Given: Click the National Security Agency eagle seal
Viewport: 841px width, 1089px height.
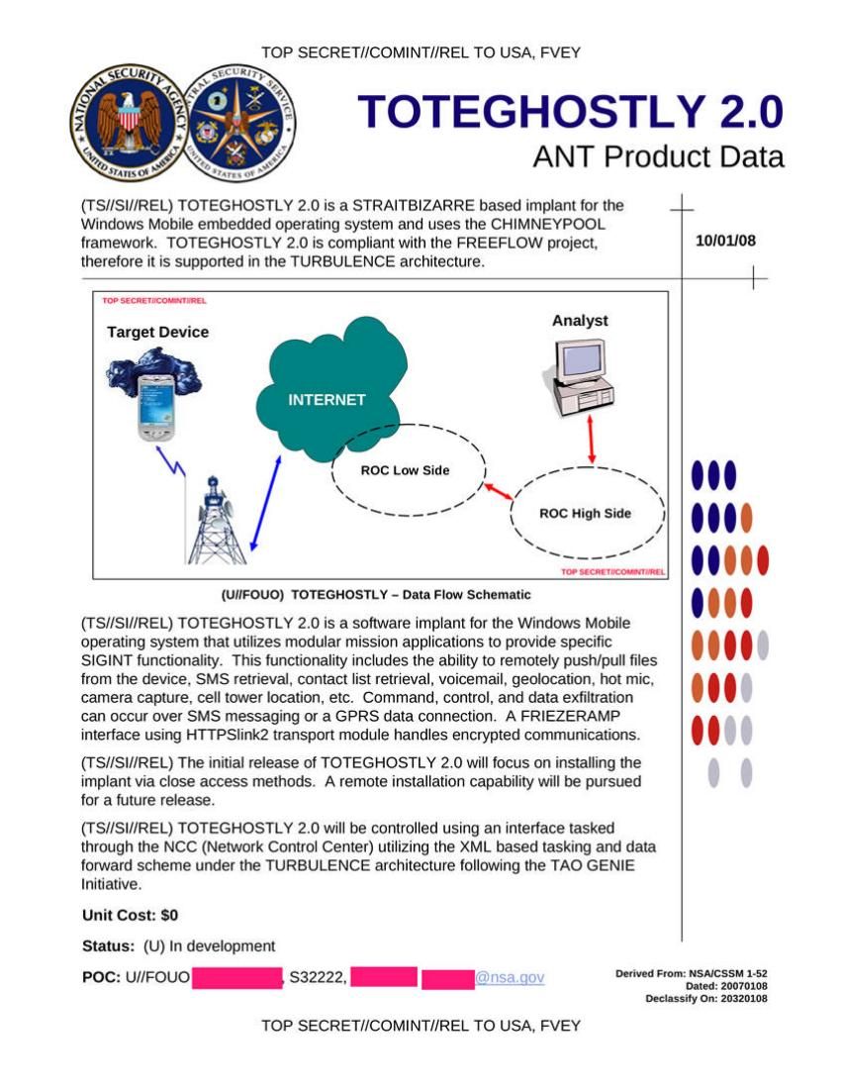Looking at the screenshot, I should (x=126, y=126).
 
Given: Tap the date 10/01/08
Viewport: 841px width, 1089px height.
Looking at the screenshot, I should (x=725, y=241).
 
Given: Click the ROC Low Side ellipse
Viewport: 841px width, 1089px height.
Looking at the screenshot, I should (x=406, y=470).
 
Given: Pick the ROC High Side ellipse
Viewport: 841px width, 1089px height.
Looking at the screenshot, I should (x=586, y=513).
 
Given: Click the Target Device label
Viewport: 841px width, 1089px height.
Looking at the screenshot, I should (x=158, y=333).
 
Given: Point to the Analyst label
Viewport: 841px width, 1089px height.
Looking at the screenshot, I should (x=580, y=321).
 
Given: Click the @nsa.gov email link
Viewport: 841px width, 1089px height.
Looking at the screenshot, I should (x=510, y=978).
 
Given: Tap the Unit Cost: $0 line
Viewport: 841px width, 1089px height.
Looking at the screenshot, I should (x=130, y=915).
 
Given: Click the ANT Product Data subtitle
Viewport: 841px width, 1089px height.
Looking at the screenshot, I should (x=658, y=156).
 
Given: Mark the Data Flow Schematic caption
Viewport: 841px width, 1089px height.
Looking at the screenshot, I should (x=376, y=595).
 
